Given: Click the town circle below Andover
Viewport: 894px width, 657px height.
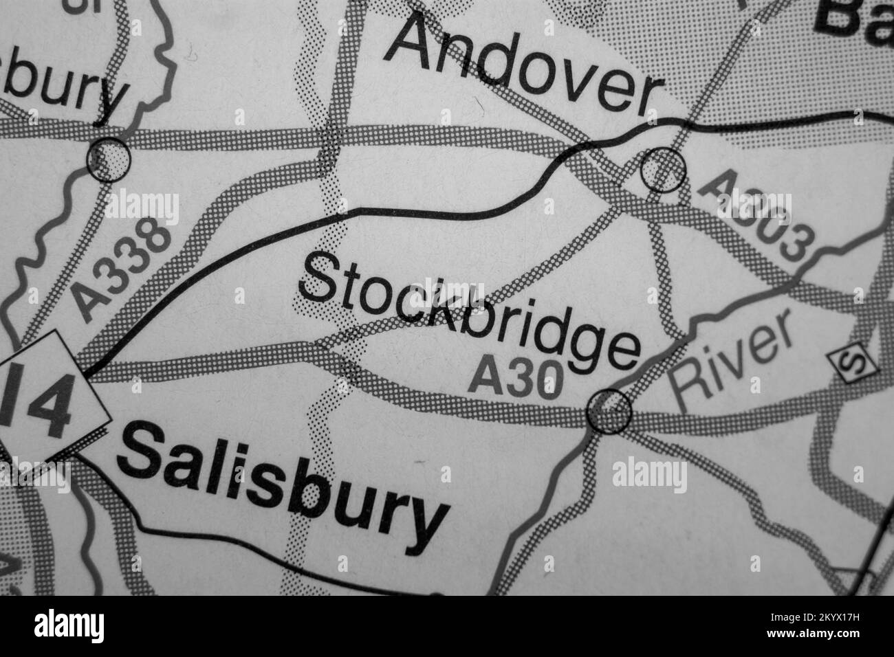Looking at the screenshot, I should (663, 168).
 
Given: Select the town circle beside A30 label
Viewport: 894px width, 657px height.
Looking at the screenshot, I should (609, 411).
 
